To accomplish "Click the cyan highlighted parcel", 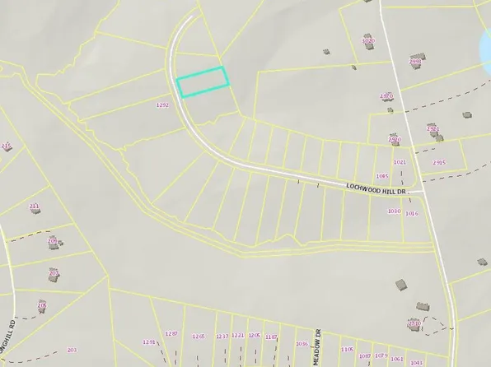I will pos(203,81).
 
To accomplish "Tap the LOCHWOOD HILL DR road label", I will pos(378,190).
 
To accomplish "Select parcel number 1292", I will pos(162,105).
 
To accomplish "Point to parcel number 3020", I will pos(368,40).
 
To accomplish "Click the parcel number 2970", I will pos(386,96).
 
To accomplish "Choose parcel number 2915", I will pos(438,163).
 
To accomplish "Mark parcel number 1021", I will pos(400,163).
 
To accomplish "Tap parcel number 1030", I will pos(393,211).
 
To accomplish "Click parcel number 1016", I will pos(412,214).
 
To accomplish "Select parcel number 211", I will pos(34,206).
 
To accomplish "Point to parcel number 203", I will pos(72,350).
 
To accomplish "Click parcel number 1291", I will pos(149,341).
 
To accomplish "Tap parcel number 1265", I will pos(198,337).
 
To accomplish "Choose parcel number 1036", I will pos(302,344).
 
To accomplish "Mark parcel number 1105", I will pos(347,350).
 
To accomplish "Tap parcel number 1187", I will pos(272,337).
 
